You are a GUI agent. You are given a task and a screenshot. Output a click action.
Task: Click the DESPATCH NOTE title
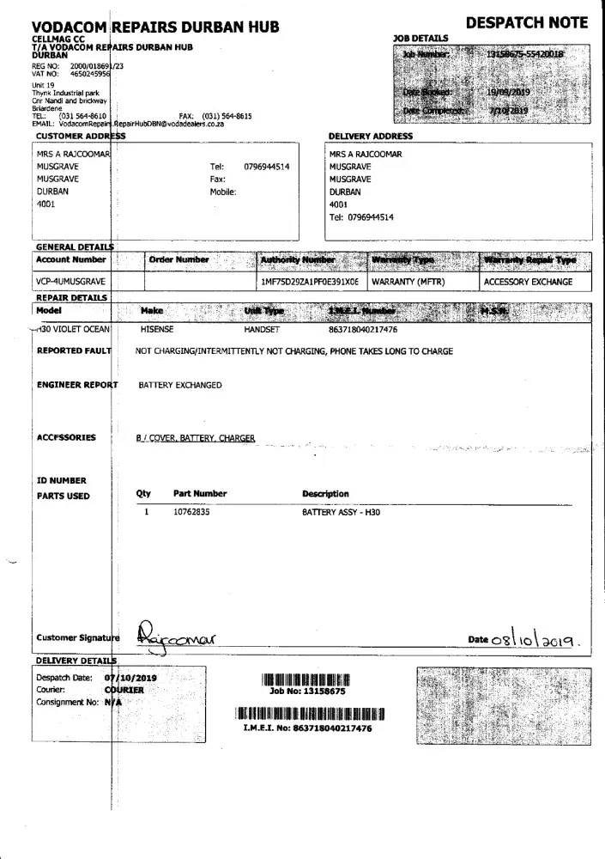coord(527,23)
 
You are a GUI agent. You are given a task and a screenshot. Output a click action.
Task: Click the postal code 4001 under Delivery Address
coord(339,205)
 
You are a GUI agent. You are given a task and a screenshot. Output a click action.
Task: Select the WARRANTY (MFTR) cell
coord(408,281)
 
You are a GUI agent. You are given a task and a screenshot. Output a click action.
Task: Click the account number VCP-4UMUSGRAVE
coord(71,281)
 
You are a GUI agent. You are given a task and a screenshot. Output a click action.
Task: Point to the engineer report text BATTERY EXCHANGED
coord(180,386)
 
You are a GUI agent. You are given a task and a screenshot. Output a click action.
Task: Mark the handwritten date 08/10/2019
coord(540,640)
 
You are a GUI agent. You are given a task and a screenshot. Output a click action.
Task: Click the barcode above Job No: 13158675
coord(306,680)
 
